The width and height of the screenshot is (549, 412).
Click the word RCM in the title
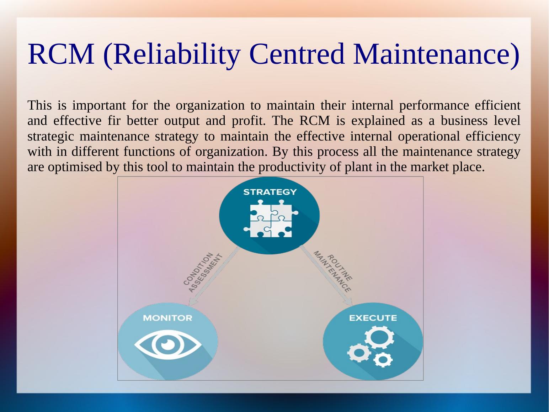61,54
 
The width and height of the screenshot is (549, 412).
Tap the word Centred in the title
297,54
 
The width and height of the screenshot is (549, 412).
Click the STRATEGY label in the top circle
270,192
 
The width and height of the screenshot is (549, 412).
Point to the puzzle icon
271,218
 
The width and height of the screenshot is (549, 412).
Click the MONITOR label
167,318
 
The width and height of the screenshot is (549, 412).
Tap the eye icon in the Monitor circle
168,345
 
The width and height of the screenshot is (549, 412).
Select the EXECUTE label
373,318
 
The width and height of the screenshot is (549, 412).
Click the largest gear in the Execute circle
379,337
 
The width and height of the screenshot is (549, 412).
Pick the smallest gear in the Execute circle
383,360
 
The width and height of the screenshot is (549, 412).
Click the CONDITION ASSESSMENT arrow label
203,273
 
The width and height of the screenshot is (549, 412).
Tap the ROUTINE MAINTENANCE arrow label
333,272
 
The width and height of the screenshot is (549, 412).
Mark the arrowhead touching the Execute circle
349,302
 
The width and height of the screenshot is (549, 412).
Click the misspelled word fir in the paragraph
114,121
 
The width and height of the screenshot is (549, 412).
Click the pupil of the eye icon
165,344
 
